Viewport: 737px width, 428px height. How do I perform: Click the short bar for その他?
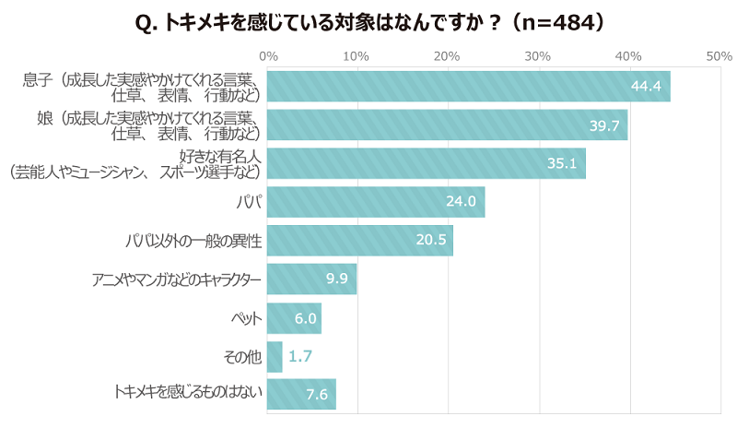[275, 356]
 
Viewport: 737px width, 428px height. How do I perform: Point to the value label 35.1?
[561, 164]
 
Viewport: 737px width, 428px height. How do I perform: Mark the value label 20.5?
[431, 241]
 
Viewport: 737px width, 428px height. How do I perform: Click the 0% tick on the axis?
[268, 56]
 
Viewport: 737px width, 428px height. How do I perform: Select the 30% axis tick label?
[538, 56]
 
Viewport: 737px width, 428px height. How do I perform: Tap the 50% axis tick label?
[719, 56]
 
